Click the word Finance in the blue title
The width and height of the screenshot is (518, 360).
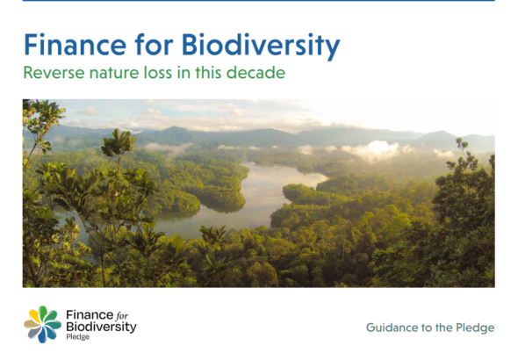(75, 45)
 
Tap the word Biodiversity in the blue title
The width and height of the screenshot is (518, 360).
(261, 47)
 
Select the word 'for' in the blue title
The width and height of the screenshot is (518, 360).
(154, 45)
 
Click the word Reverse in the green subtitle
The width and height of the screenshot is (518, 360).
(54, 73)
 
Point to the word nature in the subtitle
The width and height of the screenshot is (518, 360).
(114, 74)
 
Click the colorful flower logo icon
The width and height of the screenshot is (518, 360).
(43, 324)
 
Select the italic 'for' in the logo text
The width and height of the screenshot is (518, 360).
(122, 316)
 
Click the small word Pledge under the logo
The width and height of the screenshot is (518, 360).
(77, 337)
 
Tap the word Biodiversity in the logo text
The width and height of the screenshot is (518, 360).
(101, 327)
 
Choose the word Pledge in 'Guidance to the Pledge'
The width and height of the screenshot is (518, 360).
(475, 328)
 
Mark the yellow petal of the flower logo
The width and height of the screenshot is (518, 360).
(33, 315)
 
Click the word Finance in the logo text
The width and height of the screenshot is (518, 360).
(90, 315)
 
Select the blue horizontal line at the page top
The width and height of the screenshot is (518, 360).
(259, 1)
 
